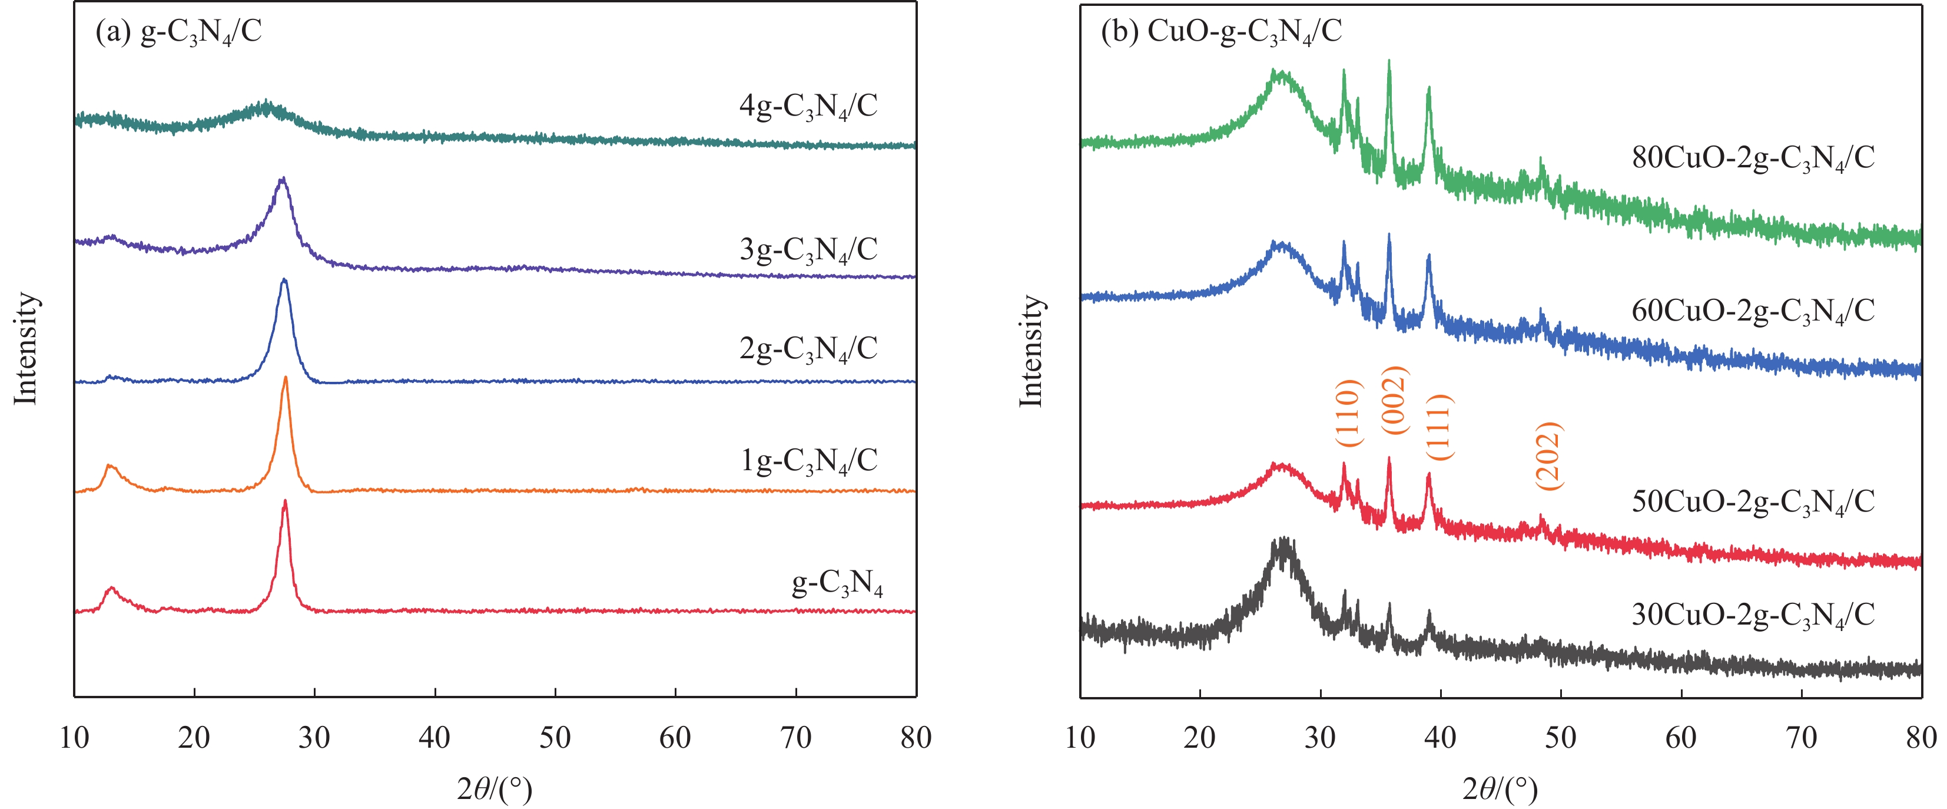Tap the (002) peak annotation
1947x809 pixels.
pos(1395,400)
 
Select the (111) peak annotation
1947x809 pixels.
pos(1439,427)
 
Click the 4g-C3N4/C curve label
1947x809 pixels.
pos(808,107)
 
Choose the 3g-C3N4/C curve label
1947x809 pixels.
pos(808,249)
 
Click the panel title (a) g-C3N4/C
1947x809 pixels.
pos(178,32)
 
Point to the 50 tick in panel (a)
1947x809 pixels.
pos(555,737)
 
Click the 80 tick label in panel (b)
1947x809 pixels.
pos(1921,737)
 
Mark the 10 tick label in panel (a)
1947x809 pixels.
pos(74,737)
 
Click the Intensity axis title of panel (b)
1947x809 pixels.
pos(1031,351)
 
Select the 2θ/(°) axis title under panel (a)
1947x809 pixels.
pos(495,790)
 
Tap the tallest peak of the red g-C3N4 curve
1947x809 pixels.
pos(285,501)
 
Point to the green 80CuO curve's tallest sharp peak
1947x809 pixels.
pos(1388,62)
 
